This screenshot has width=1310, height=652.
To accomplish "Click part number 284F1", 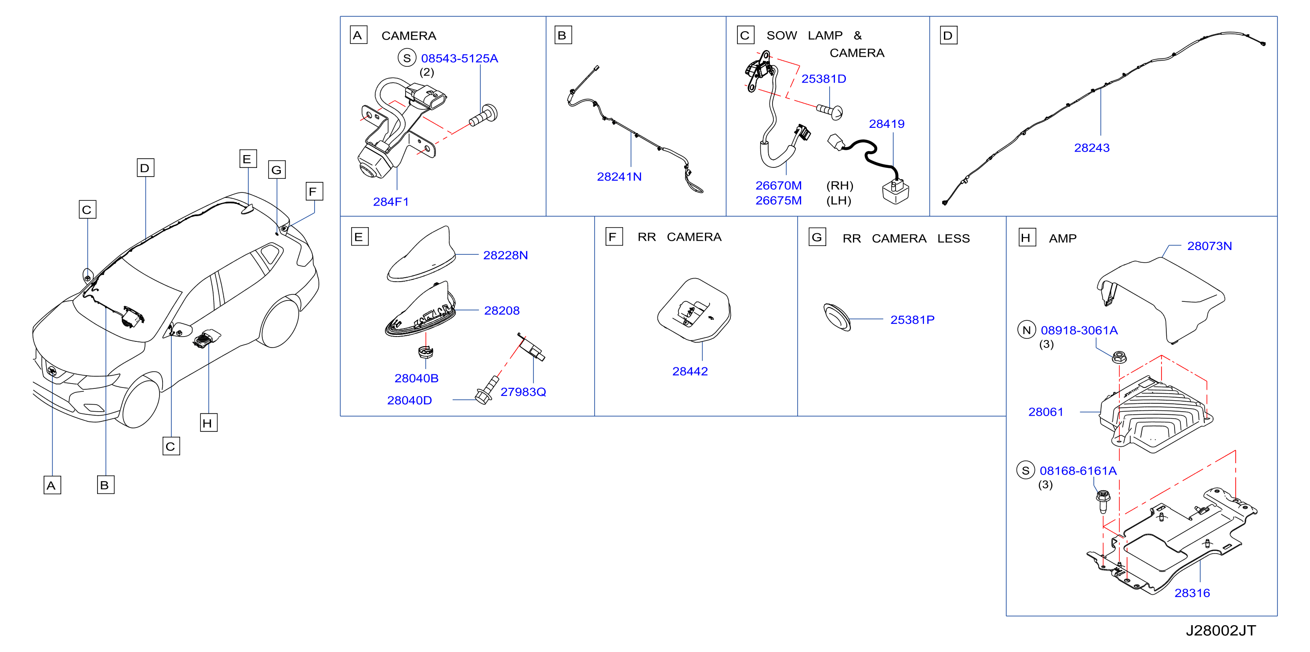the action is [x=391, y=202].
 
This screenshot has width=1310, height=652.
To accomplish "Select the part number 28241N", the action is [x=619, y=177].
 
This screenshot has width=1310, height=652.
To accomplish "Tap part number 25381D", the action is [x=824, y=79].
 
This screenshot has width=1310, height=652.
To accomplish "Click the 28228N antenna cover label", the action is [x=505, y=255].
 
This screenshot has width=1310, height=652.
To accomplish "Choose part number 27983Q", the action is [x=523, y=392].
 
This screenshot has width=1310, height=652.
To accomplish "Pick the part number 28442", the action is [x=689, y=372].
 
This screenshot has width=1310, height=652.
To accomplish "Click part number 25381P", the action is [x=912, y=320].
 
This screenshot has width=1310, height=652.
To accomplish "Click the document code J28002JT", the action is [x=1220, y=630].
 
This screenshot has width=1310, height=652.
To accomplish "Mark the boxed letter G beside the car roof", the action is [x=277, y=170].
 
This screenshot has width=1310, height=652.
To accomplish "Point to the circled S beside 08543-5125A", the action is [x=407, y=58].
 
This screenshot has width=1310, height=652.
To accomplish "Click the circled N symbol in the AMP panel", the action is [x=1026, y=330].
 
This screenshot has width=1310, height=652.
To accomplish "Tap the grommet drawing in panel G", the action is [x=837, y=317].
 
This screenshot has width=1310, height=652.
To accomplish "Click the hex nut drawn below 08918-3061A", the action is [x=1119, y=357].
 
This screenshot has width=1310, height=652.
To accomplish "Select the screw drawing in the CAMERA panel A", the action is [x=483, y=116].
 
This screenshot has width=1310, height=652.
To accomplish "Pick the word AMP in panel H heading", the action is [x=1062, y=239].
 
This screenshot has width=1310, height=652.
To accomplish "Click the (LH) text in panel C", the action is [x=838, y=201].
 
